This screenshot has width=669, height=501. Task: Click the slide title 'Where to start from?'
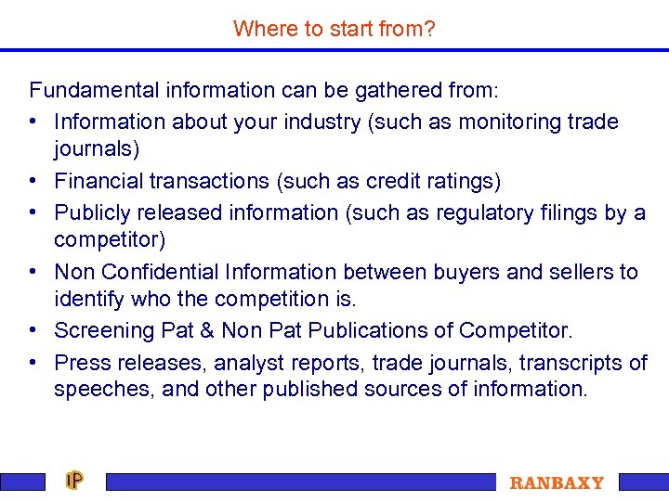334,29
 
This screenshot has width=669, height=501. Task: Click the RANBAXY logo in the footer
557,482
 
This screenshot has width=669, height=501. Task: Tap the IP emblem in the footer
75,481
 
